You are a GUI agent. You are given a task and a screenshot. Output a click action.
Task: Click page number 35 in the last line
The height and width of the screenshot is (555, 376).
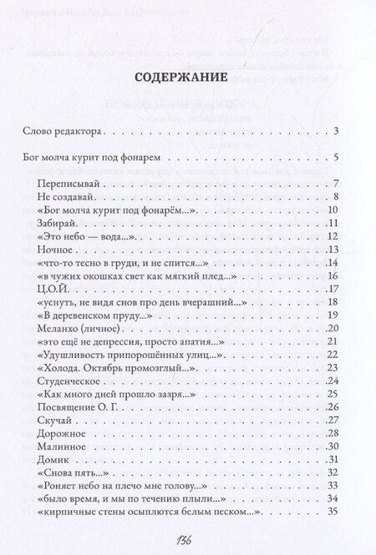tap(333, 512)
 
